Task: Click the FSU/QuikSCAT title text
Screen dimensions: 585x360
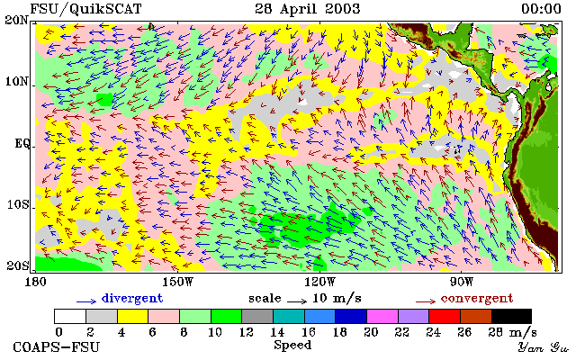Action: coord(85,9)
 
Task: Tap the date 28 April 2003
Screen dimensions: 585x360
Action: coord(308,9)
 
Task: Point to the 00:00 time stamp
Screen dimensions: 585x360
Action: coord(541,9)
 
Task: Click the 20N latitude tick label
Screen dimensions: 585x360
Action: coord(17,20)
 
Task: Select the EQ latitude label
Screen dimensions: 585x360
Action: coord(22,144)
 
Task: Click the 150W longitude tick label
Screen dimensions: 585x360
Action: coord(178,282)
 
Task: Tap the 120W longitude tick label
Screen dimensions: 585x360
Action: coord(319,282)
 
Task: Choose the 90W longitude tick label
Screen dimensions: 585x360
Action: coord(461,282)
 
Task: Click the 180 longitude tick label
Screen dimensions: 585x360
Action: coord(35,282)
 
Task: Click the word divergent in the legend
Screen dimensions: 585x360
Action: coord(132,299)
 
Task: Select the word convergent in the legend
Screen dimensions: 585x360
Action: coord(477,299)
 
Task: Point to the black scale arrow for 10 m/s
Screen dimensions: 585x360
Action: coord(297,301)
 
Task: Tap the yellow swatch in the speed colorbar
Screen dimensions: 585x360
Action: coord(133,316)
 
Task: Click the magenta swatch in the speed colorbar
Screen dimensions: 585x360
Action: coord(382,316)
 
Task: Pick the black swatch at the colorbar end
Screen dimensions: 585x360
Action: coord(511,316)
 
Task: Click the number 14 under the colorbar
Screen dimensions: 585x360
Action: coord(277,332)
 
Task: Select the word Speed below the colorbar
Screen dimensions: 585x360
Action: coord(292,346)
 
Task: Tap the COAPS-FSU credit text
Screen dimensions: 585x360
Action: coord(57,347)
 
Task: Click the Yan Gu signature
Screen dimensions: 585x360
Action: coord(543,347)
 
